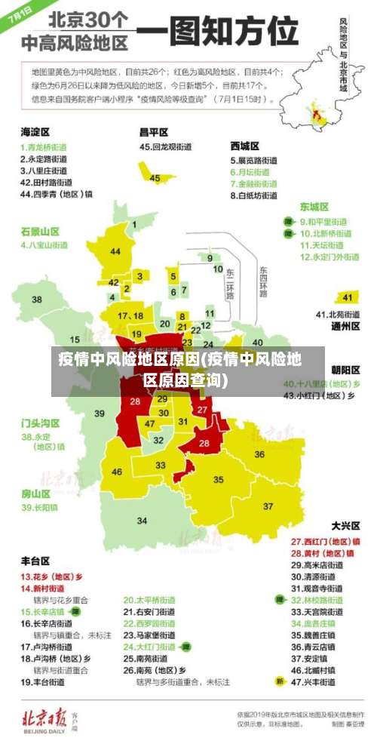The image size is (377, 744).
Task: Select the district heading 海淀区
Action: coord(35,131)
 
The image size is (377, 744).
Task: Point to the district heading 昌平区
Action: coord(153,131)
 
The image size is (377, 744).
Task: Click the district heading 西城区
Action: coord(245,145)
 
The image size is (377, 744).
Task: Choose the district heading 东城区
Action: coord(314,206)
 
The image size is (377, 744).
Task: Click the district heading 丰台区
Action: coord(35,561)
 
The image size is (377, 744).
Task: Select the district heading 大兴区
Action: coord(345,525)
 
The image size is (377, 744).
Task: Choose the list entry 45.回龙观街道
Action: coord(167,146)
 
